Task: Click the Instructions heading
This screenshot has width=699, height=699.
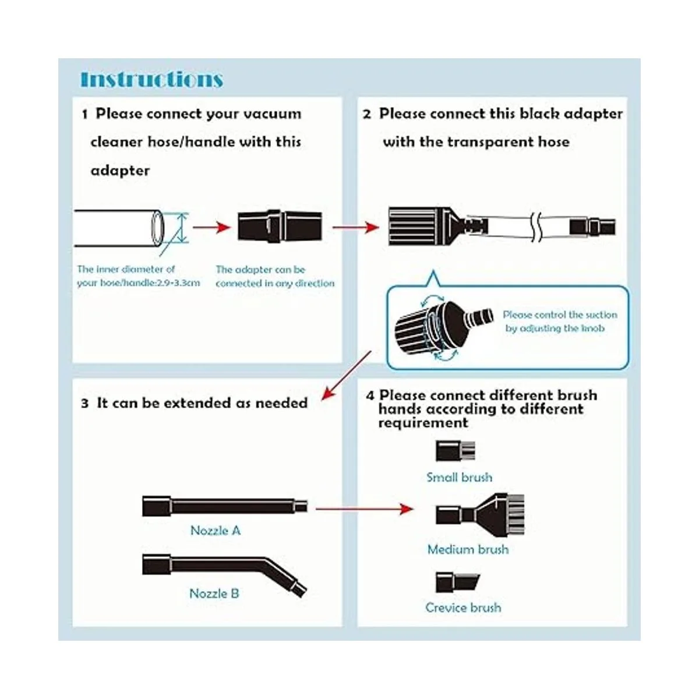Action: (x=151, y=79)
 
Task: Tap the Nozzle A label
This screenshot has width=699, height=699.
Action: (x=216, y=531)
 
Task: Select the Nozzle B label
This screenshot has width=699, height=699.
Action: (x=214, y=594)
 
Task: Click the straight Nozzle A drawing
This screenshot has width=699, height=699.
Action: (x=225, y=506)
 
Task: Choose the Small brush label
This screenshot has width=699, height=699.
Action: (x=459, y=478)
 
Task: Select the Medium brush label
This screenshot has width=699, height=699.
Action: (x=468, y=549)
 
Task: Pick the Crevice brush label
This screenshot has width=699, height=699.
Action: (x=463, y=608)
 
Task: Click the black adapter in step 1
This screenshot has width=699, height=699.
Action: (x=280, y=227)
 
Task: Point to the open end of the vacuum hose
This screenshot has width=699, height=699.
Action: (x=157, y=228)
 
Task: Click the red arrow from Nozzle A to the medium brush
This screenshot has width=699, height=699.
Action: (x=364, y=509)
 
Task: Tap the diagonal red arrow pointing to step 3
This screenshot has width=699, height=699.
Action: (x=347, y=376)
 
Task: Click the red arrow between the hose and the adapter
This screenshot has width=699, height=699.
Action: (x=212, y=227)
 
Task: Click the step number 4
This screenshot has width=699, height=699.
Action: (x=370, y=396)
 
